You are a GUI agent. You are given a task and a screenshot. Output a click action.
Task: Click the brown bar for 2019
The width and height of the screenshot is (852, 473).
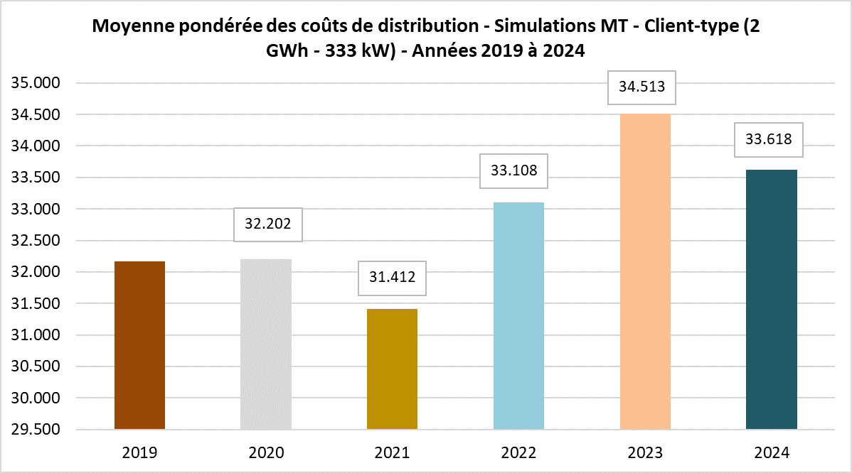(x=139, y=345)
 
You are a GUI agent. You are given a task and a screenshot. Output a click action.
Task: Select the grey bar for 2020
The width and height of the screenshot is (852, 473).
(x=266, y=344)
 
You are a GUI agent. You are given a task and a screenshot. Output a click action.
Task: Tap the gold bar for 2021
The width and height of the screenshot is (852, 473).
(x=392, y=369)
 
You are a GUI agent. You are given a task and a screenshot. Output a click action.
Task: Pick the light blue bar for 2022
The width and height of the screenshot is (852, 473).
(x=518, y=316)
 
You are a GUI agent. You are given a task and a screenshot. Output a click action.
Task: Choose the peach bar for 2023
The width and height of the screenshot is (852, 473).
(x=645, y=271)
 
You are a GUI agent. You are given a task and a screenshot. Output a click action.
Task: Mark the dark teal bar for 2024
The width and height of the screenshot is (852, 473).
(x=772, y=300)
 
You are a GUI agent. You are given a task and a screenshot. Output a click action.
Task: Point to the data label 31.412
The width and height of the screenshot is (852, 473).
(x=392, y=278)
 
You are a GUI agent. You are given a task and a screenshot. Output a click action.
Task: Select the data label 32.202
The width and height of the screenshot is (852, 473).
(x=269, y=224)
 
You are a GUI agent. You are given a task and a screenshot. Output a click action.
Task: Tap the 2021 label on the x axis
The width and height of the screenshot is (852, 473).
(x=392, y=452)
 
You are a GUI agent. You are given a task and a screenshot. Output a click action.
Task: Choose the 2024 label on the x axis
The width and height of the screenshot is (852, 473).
(x=772, y=452)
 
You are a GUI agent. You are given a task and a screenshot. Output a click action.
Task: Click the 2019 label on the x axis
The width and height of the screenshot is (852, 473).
(x=139, y=452)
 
